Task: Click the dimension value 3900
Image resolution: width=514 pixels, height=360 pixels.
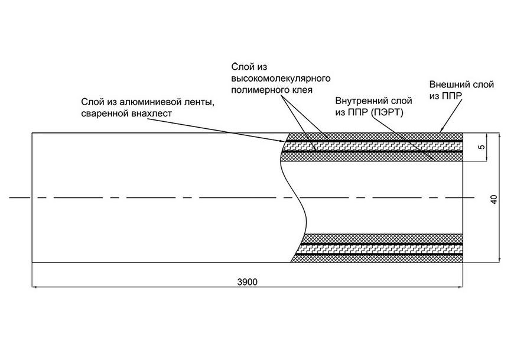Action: point(248,281)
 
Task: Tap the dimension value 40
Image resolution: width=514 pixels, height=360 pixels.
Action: point(495,199)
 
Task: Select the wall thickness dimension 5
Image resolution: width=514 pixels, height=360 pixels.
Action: point(482,147)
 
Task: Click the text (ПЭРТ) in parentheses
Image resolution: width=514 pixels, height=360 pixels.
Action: point(388,112)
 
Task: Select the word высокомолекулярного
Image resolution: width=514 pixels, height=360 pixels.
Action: point(281,79)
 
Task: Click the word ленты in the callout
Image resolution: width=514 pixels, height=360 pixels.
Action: point(200,102)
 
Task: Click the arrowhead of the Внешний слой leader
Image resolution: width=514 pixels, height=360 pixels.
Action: point(441,130)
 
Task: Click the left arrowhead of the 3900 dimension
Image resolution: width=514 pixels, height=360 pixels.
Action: point(35,287)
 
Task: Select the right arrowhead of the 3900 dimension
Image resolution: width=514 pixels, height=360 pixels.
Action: point(460,287)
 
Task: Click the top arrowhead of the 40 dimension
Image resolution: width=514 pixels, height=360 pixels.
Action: point(500,136)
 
